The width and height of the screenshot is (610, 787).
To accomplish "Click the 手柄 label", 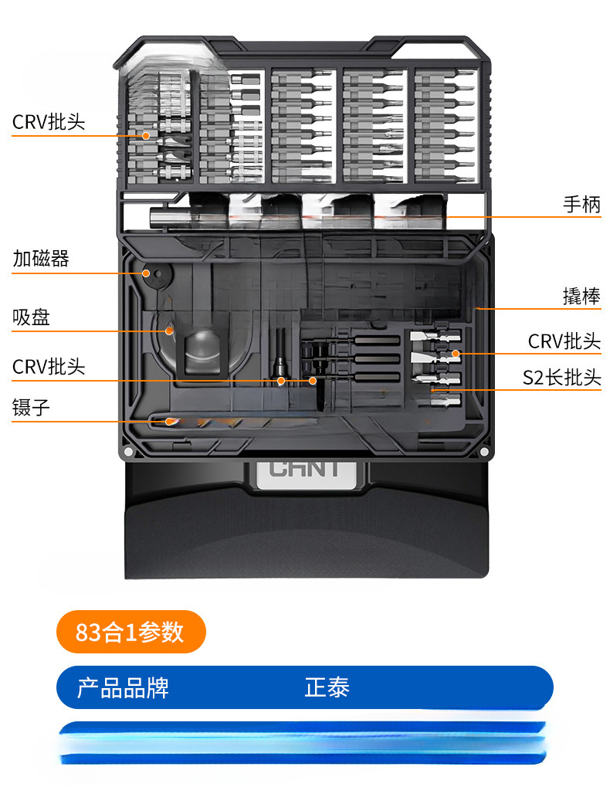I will pyautogui.click(x=581, y=205).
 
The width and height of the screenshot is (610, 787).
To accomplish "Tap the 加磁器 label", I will pyautogui.click(x=41, y=259).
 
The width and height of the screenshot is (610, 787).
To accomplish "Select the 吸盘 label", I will pyautogui.click(x=32, y=317).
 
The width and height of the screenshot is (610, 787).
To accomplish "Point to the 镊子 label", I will pyautogui.click(x=32, y=408).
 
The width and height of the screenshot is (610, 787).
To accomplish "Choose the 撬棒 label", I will pyautogui.click(x=581, y=296).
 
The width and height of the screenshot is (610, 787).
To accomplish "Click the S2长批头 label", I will pyautogui.click(x=561, y=378).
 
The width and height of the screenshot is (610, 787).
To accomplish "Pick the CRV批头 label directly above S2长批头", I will pyautogui.click(x=564, y=341).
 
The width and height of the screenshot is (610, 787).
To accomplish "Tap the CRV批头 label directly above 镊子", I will pyautogui.click(x=49, y=366).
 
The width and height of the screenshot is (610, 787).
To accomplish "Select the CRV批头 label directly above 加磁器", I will pyautogui.click(x=49, y=122).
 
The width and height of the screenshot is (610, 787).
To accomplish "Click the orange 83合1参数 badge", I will pyautogui.click(x=130, y=632).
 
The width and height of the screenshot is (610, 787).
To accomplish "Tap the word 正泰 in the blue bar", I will pyautogui.click(x=327, y=687).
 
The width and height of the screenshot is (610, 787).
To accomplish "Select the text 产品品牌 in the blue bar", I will pyautogui.click(x=123, y=687).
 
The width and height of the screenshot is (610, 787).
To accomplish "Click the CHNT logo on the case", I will pyautogui.click(x=304, y=469).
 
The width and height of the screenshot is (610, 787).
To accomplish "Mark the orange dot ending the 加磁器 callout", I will pyautogui.click(x=145, y=273).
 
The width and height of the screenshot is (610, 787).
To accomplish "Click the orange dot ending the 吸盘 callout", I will pyautogui.click(x=169, y=331).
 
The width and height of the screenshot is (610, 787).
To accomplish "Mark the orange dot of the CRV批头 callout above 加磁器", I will pyautogui.click(x=145, y=136).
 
